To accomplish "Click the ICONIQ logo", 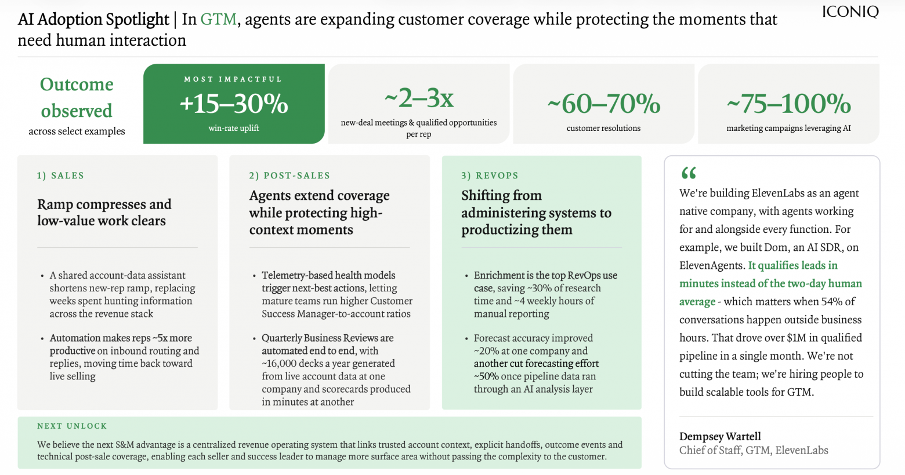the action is click(x=850, y=12).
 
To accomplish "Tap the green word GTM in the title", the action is click(x=218, y=19).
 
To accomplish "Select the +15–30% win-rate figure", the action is click(x=234, y=103).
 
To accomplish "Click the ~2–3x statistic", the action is click(x=419, y=98).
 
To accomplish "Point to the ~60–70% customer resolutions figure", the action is click(x=603, y=103).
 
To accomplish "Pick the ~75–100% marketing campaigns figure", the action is click(x=788, y=103).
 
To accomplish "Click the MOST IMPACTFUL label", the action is click(x=233, y=79).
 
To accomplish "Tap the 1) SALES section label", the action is click(x=60, y=176).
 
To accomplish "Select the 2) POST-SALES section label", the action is click(x=289, y=176).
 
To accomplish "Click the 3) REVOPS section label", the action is click(x=490, y=176).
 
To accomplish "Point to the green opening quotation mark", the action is click(x=689, y=173).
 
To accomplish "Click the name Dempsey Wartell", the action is click(x=720, y=436).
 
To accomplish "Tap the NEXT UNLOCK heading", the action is click(x=73, y=426).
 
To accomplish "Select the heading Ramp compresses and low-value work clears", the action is click(x=104, y=212).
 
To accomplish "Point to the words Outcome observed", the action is click(x=77, y=97).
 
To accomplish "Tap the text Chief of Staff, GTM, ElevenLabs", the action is click(x=754, y=450).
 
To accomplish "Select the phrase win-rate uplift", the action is click(x=234, y=128).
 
